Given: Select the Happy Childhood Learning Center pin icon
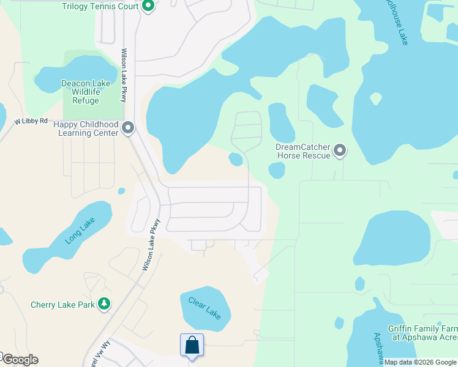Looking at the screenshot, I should coord(128,128).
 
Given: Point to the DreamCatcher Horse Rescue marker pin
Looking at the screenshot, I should coord(340,150).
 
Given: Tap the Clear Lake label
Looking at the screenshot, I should coord(205,308).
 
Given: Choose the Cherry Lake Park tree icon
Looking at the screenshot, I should coord(105,304).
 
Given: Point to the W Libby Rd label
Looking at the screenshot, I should coord(31,121).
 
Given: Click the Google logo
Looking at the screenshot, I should coord(20,360).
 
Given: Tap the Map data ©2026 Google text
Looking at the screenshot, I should coord(421,363).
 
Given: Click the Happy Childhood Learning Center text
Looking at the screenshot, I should coord(86,128).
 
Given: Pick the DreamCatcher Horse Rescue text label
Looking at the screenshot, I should coord(303,151).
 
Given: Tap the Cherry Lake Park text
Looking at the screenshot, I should coord(64,305).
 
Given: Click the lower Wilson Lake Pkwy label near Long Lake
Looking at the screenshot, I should coord(151,245).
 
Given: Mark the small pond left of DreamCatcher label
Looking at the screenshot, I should coord(235,160).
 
